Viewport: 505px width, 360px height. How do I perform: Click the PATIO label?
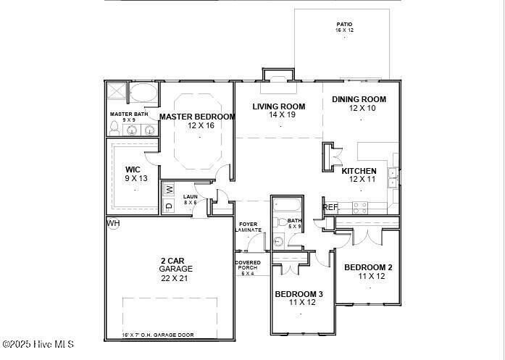click(x=343, y=24)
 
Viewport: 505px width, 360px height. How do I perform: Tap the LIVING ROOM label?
click(x=278, y=107)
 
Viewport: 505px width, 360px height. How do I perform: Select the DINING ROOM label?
click(x=359, y=100)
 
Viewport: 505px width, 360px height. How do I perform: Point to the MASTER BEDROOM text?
click(x=197, y=117)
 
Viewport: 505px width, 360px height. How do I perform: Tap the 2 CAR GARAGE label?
click(x=176, y=264)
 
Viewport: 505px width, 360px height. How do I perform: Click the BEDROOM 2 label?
click(x=368, y=266)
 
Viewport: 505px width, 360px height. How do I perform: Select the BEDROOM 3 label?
click(x=299, y=294)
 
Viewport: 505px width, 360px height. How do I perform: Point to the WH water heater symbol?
click(x=113, y=223)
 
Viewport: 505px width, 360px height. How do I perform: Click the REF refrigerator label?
click(x=330, y=207)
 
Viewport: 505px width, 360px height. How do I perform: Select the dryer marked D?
click(x=170, y=206)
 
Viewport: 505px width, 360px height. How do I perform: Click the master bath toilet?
click(x=114, y=128)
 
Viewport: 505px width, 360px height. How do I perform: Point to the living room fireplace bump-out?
click(x=278, y=75)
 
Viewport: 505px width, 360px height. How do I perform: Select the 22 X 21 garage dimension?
click(x=176, y=277)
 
